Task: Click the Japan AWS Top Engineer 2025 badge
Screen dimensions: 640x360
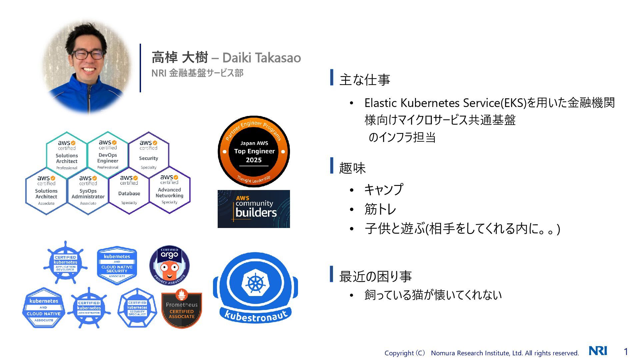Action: [254, 152]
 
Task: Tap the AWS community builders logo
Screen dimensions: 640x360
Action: [254, 209]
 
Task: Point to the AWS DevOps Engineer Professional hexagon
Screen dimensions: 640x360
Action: [108, 155]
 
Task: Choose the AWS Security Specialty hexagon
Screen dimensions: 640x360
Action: [149, 155]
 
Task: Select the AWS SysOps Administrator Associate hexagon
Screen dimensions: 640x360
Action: [88, 191]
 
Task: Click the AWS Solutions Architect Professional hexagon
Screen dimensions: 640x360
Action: [67, 156]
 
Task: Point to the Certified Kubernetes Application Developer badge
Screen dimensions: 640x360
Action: [65, 263]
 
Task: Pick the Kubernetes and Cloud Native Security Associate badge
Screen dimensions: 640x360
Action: [117, 266]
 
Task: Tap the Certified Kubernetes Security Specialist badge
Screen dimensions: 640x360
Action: [137, 308]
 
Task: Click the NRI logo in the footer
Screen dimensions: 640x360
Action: [598, 351]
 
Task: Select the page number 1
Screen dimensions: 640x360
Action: [626, 351]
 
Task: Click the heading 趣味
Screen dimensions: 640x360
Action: [352, 168]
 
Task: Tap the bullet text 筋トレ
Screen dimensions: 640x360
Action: [380, 209]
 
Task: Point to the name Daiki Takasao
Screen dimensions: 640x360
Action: [261, 58]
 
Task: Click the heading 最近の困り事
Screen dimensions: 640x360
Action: [375, 276]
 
